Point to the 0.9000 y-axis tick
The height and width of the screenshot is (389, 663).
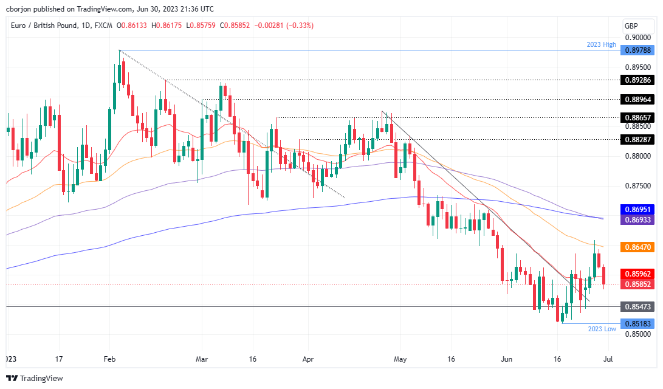pos(636,38)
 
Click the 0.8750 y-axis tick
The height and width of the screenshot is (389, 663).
pos(636,186)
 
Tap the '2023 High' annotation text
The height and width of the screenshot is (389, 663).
pos(601,44)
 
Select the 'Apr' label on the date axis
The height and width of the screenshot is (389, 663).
pos(307,359)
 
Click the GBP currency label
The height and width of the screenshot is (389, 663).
pos(631,26)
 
